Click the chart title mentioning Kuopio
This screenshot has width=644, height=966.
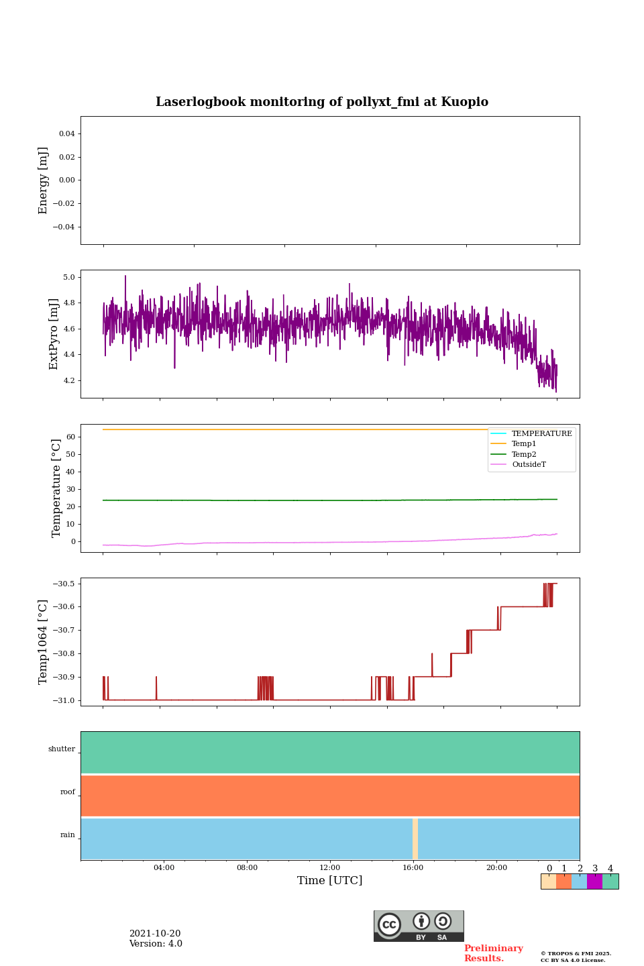pyautogui.click(x=322, y=102)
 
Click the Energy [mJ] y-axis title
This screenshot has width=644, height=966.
pyautogui.click(x=44, y=180)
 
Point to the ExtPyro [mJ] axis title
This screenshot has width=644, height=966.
pyautogui.click(x=54, y=334)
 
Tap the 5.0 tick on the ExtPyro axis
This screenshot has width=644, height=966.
pyautogui.click(x=68, y=277)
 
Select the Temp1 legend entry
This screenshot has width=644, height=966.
pyautogui.click(x=524, y=444)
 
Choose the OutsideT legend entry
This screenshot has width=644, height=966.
pyautogui.click(x=529, y=465)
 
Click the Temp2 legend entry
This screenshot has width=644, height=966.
pyautogui.click(x=524, y=454)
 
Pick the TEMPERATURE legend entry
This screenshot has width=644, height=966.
pyautogui.click(x=541, y=434)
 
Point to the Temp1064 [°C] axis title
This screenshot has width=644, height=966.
pyautogui.click(x=44, y=642)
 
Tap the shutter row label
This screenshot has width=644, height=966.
pyautogui.click(x=62, y=749)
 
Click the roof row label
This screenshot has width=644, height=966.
pyautogui.click(x=68, y=792)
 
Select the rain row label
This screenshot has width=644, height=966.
pyautogui.click(x=68, y=835)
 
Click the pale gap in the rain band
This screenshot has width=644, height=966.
pyautogui.click(x=415, y=839)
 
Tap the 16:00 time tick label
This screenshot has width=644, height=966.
pyautogui.click(x=413, y=867)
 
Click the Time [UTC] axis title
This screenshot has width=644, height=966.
pyautogui.click(x=330, y=881)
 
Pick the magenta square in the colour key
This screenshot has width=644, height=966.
pyautogui.click(x=594, y=881)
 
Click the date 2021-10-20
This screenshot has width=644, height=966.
pyautogui.click(x=155, y=934)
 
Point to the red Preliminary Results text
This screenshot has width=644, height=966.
pyautogui.click(x=493, y=953)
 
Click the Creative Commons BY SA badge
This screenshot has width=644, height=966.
pyautogui.click(x=419, y=926)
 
